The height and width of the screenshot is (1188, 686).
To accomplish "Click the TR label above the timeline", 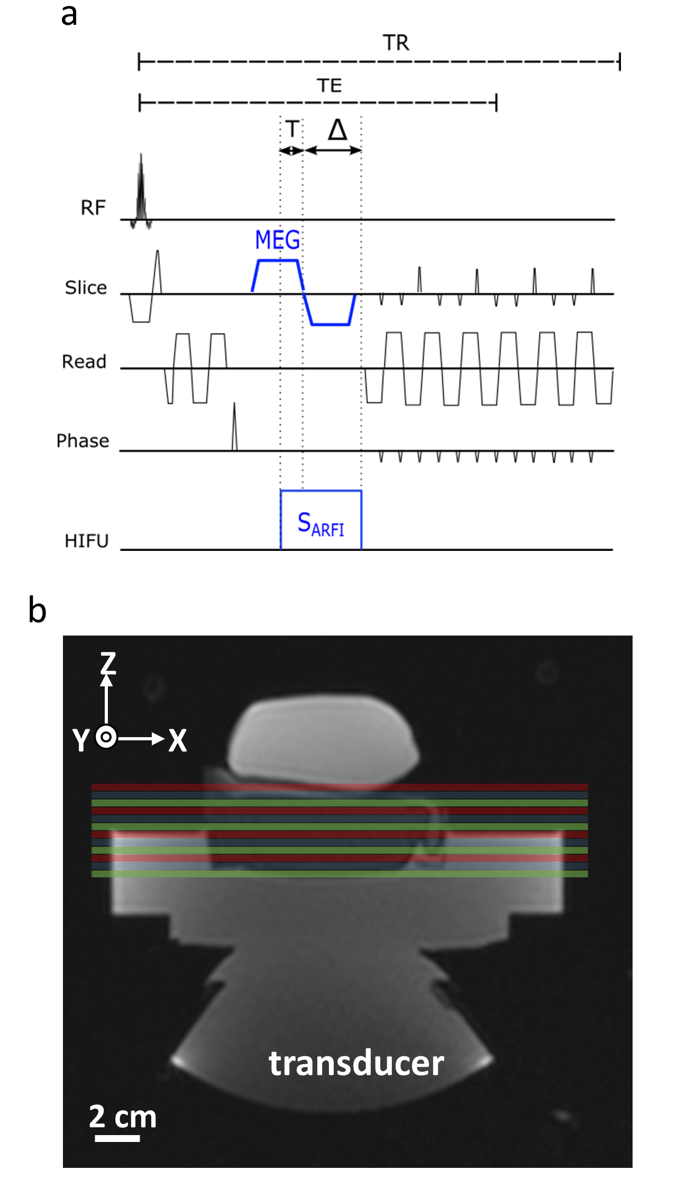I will coord(396,43).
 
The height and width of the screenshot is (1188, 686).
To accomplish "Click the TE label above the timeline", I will coord(330,86).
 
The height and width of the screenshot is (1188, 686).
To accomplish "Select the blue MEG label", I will coord(277,240).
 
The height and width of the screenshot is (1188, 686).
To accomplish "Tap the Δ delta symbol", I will coord(337,130).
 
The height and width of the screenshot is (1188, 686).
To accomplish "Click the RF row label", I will coord(93,208).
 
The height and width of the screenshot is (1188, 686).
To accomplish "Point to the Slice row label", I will coord(86,288).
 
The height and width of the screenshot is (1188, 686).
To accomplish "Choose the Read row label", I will coord(84,362).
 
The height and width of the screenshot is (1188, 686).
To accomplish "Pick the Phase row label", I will coord(83,441).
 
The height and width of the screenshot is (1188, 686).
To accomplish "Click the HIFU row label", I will coord(86,541).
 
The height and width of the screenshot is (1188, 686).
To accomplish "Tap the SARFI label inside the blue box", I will coord(321,524).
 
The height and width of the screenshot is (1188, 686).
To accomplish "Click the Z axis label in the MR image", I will coord(108,663).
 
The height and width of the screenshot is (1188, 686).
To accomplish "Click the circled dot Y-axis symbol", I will coord(106,737).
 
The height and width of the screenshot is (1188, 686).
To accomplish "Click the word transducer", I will coord(356,1063).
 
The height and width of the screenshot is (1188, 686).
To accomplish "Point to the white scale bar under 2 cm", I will coord(117,1138).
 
